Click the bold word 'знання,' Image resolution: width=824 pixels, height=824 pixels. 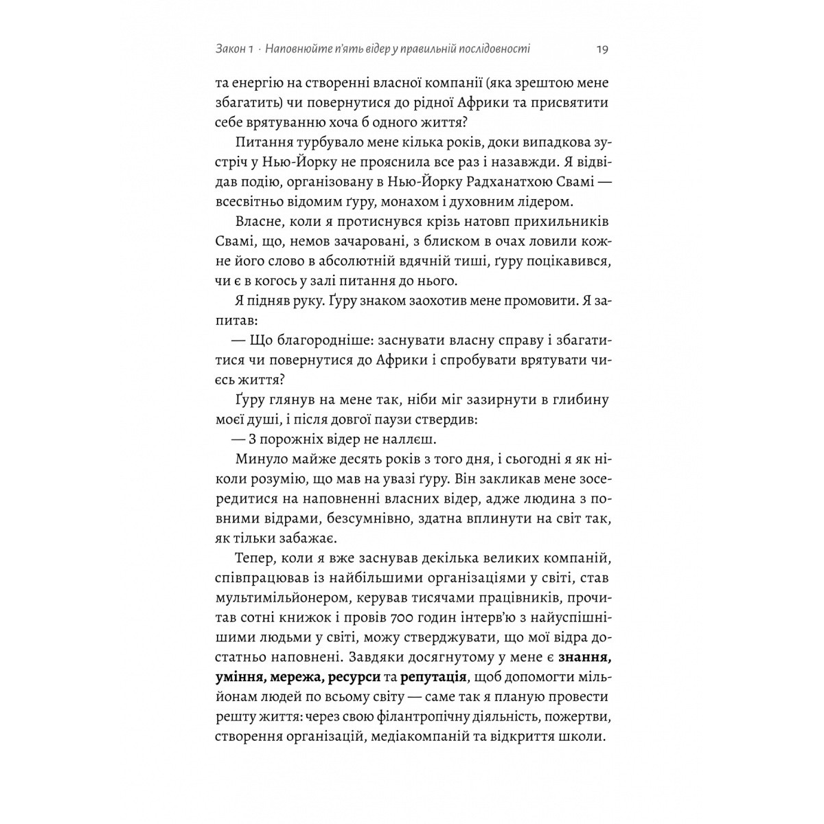click(x=585, y=659)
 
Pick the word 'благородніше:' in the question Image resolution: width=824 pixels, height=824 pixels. click(x=317, y=341)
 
